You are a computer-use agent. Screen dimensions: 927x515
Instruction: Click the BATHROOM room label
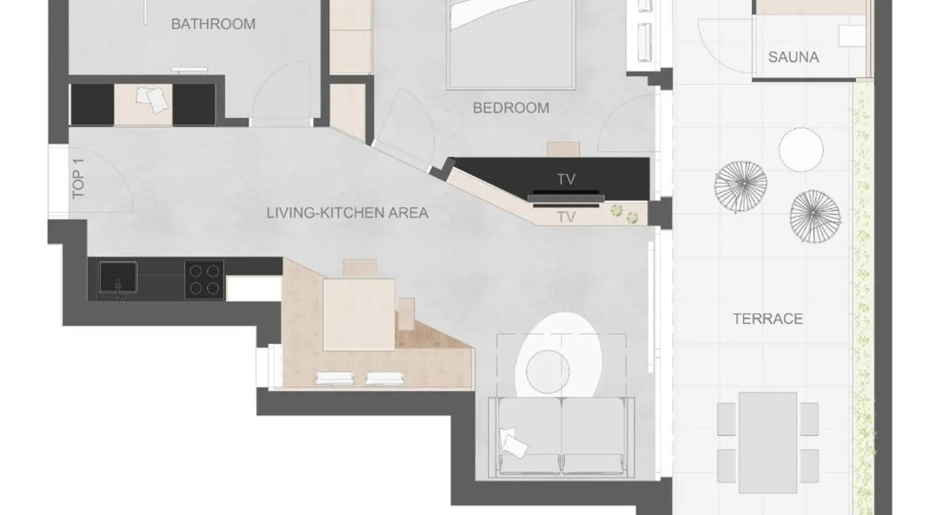coord(213,24)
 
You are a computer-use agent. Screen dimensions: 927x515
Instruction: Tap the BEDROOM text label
coord(511,108)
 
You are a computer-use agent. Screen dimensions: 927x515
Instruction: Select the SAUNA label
coord(793,57)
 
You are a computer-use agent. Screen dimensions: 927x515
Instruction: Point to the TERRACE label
coord(768,319)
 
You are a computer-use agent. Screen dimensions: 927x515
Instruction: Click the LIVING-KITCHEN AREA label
coord(347,213)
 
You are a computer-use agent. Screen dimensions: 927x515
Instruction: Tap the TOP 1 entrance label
coord(78,178)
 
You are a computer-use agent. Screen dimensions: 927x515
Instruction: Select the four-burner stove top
coord(204,280)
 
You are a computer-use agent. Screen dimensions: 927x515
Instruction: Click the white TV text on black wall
coord(566,179)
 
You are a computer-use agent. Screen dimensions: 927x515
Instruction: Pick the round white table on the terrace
coord(801,149)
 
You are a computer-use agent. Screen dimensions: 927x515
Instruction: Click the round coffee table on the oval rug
coord(548,371)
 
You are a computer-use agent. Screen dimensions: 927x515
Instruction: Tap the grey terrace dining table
coord(768,442)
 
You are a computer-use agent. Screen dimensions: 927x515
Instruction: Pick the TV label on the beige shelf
coord(566,217)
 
